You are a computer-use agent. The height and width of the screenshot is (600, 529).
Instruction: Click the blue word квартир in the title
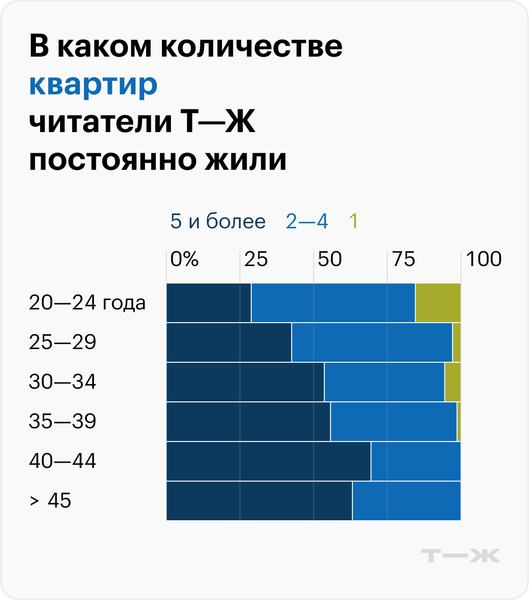tap(93, 85)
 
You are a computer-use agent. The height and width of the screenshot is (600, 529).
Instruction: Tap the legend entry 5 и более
tap(218, 221)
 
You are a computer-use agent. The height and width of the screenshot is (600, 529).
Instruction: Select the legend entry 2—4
tap(307, 221)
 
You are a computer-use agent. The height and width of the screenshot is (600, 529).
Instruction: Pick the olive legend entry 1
tap(353, 221)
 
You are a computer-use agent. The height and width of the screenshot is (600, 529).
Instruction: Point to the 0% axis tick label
tap(184, 259)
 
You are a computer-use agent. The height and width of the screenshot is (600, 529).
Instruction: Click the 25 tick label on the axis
tap(256, 259)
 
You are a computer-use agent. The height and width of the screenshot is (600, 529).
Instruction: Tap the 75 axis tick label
tap(403, 259)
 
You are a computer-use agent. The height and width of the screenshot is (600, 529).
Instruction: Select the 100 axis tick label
tap(483, 259)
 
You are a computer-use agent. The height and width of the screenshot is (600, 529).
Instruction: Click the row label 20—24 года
tap(87, 303)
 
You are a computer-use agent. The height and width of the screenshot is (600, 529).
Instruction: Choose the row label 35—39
tap(62, 421)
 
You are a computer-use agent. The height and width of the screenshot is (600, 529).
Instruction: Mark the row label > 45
tap(50, 500)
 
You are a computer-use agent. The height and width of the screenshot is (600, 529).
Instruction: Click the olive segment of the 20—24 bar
tap(438, 303)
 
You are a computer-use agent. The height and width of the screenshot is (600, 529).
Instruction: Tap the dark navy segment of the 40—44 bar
tap(268, 461)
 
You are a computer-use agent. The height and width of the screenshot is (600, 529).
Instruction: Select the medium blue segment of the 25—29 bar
tap(372, 342)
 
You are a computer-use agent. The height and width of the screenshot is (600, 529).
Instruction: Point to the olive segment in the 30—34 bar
tap(452, 382)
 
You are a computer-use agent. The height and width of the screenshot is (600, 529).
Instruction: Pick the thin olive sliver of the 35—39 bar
tap(459, 422)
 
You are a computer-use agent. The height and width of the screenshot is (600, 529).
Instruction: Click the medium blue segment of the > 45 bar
tap(406, 501)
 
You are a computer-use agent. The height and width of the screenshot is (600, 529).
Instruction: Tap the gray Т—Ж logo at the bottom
tap(460, 556)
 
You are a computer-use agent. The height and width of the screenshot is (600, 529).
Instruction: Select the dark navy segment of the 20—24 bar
tap(208, 303)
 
